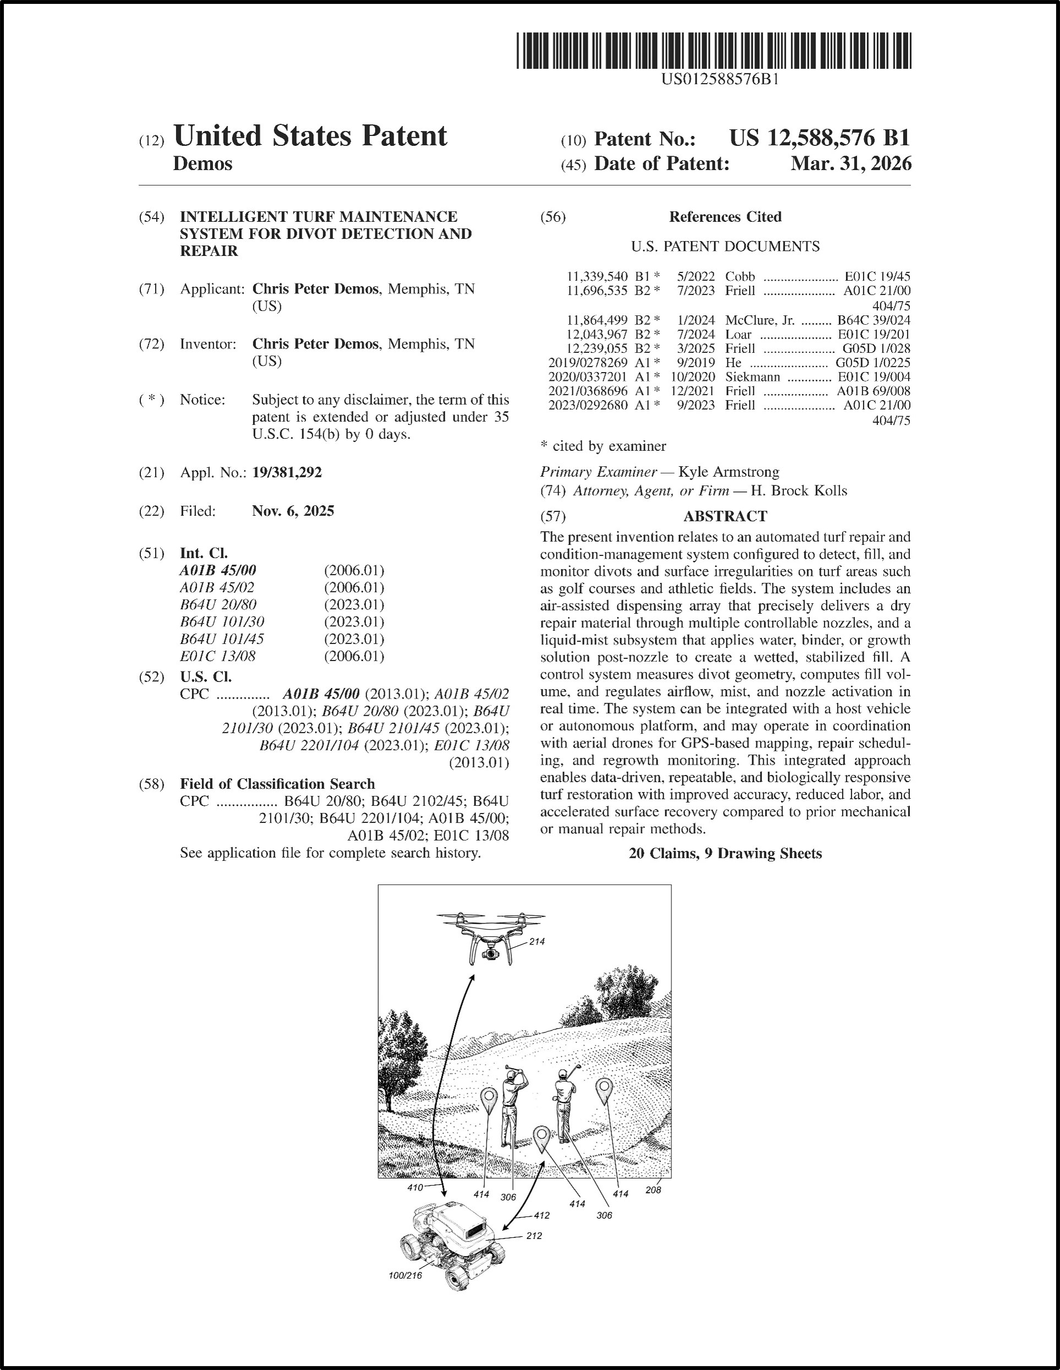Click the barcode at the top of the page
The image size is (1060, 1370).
[714, 51]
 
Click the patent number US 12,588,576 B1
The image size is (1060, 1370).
[819, 138]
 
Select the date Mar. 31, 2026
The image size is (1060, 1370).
[850, 163]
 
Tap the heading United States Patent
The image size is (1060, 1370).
[310, 136]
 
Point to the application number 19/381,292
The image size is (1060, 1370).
[287, 472]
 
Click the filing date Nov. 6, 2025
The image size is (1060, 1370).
[293, 511]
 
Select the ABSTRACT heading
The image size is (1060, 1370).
[725, 516]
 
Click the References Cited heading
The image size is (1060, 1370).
[725, 217]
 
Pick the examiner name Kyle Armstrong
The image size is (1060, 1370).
[729, 472]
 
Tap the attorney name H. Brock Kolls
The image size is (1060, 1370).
[799, 490]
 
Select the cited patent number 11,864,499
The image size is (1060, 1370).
[597, 320]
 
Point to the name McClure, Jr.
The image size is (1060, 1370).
[760, 320]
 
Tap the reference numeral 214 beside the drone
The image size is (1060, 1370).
[537, 942]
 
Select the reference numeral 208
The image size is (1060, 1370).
[653, 1190]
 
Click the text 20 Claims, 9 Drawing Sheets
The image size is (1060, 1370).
[725, 854]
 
